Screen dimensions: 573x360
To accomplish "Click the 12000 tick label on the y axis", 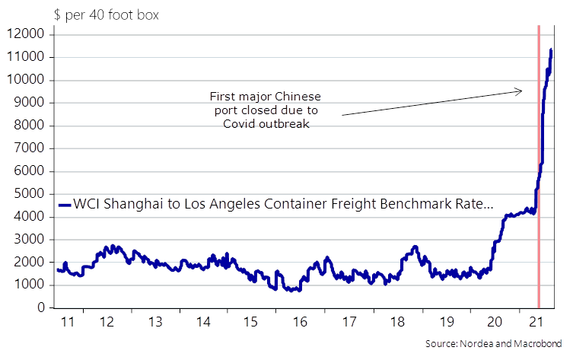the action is pyautogui.click(x=25, y=34).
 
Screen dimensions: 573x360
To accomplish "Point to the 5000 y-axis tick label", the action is pyautogui.click(x=29, y=193).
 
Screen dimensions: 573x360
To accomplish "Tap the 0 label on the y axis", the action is pyautogui.click(x=41, y=307).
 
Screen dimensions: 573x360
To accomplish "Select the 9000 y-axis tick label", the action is pyautogui.click(x=29, y=102).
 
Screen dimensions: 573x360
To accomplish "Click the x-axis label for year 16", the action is pyautogui.click(x=300, y=322).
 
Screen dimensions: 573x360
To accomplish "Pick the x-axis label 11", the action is pyautogui.click(x=68, y=322).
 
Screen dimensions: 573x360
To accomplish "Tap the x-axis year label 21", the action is pyautogui.click(x=536, y=322).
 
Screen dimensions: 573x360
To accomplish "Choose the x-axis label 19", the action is pyautogui.click(x=447, y=322).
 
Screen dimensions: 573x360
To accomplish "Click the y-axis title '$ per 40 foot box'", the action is pyautogui.click(x=107, y=15).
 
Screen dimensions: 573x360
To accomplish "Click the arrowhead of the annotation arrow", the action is pyautogui.click(x=520, y=91).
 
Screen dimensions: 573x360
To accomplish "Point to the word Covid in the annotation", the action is pyautogui.click(x=240, y=124).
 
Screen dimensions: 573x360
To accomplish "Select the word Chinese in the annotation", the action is pyautogui.click(x=298, y=97).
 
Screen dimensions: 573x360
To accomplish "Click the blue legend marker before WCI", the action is pyautogui.click(x=65, y=205).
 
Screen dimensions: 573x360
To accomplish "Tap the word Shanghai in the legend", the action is pyautogui.click(x=133, y=203).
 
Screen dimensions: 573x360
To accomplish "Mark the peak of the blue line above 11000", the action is pyautogui.click(x=551, y=49).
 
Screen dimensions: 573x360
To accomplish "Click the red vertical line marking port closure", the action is pyautogui.click(x=539, y=167).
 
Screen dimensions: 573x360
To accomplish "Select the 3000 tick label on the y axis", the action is pyautogui.click(x=29, y=239).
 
